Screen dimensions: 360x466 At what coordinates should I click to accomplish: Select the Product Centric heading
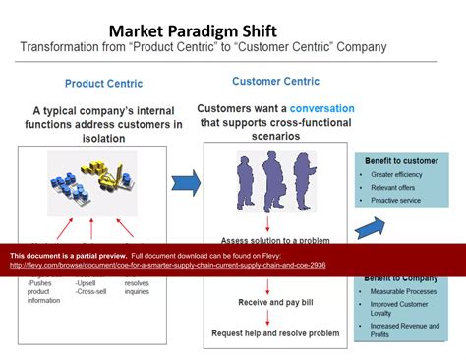point(103,84)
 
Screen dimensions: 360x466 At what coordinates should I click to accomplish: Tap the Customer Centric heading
point(271,81)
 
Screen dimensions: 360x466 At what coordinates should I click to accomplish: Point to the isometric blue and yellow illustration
point(92,183)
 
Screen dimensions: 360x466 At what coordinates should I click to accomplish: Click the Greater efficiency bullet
point(402,174)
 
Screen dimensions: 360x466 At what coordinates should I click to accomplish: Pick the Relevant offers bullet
point(397,187)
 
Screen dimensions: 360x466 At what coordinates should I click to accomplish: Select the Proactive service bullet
point(401,201)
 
